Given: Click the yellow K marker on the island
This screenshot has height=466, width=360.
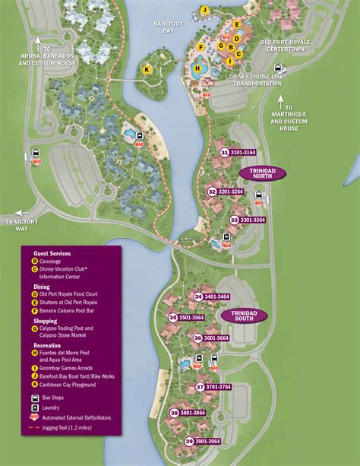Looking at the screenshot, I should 147,69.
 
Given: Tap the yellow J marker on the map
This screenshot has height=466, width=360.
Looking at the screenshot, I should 204,10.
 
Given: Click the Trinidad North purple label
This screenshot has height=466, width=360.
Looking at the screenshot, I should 262,173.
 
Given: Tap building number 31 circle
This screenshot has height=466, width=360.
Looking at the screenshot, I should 224,153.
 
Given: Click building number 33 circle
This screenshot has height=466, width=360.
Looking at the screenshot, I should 235,220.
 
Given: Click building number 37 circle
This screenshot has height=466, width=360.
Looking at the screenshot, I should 200,387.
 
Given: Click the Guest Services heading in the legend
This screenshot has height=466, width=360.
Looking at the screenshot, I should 52,253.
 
